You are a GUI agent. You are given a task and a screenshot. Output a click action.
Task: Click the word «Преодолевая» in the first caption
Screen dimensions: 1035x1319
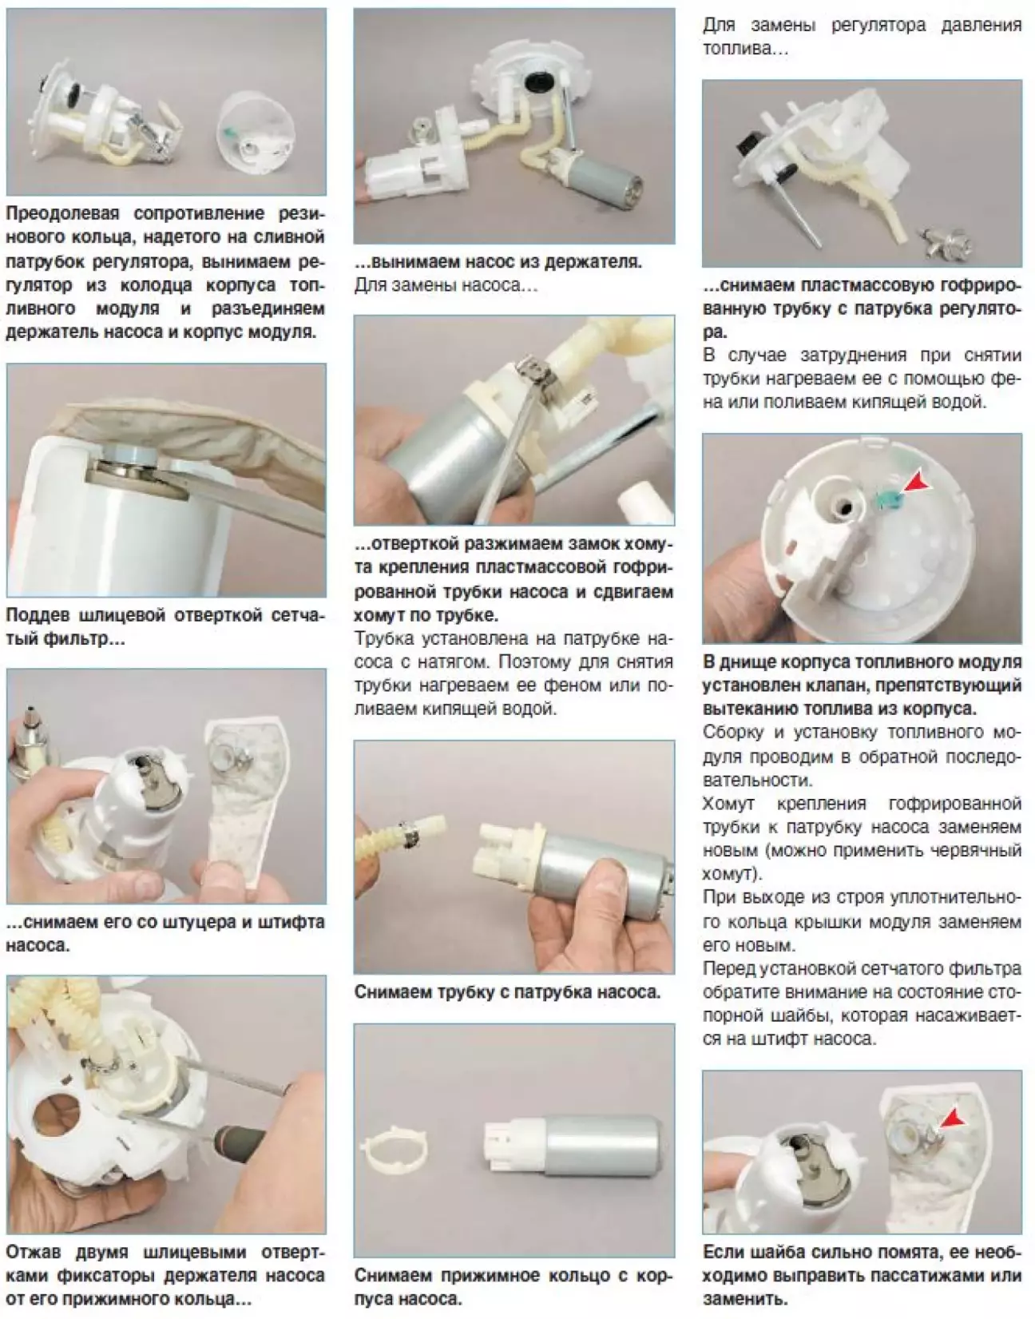click(x=62, y=213)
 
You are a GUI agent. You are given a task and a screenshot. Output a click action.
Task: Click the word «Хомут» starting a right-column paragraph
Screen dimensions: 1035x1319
click(x=729, y=804)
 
